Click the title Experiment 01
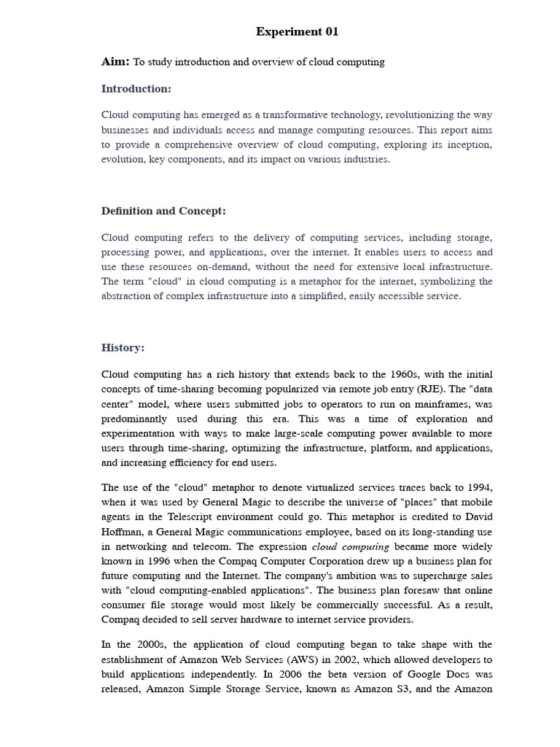pos(297,31)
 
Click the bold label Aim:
pos(115,62)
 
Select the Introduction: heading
pos(136,89)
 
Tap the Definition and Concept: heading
pos(163,211)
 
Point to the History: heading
pos(122,348)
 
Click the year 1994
pos(478,487)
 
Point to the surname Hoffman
pos(123,532)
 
